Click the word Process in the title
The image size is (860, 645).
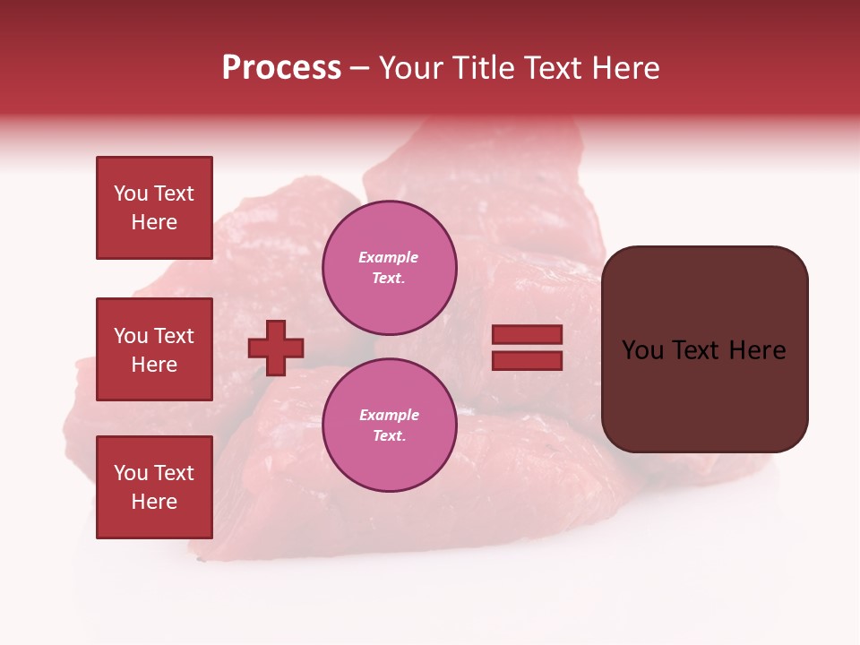click(281, 68)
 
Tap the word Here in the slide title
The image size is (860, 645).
click(624, 68)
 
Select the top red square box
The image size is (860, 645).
click(154, 208)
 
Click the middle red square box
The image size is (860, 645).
click(154, 349)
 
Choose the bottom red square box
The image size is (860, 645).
click(154, 486)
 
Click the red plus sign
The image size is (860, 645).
click(276, 348)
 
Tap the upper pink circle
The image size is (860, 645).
click(390, 268)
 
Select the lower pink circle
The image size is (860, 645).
click(390, 426)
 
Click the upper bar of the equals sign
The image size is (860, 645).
click(527, 335)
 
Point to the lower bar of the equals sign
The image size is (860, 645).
click(527, 360)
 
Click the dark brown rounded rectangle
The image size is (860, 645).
click(704, 394)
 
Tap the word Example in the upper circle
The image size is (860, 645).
click(388, 258)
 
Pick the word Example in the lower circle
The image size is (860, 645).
click(389, 416)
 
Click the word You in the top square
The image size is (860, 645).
click(130, 193)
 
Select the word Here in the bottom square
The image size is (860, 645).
click(154, 502)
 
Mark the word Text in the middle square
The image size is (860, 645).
click(174, 336)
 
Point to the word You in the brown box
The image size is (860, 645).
click(642, 350)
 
